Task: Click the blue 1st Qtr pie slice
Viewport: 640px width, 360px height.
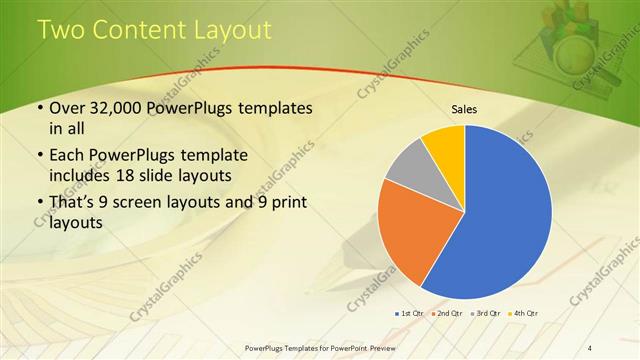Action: pyautogui.click(x=500, y=220)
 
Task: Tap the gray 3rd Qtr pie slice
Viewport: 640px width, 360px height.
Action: pyautogui.click(x=406, y=168)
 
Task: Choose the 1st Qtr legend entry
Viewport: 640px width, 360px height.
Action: pyautogui.click(x=412, y=315)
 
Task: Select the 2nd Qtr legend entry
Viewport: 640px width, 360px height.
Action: pyautogui.click(x=448, y=315)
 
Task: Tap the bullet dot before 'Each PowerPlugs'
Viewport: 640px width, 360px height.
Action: pyautogui.click(x=39, y=157)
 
